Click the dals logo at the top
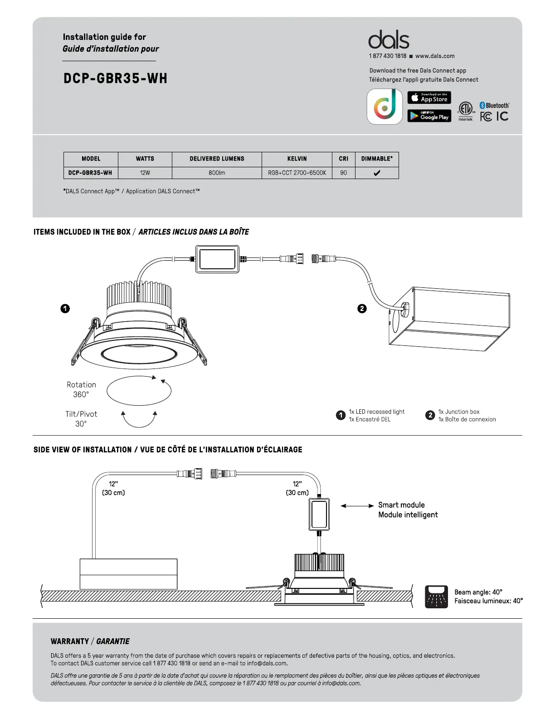(389, 40)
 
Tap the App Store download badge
(429, 98)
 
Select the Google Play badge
(429, 116)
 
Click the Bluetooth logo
(494, 105)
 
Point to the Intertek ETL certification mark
(465, 111)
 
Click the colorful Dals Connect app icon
(385, 107)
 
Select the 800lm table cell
(217, 173)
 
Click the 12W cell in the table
(145, 173)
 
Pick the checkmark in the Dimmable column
(376, 173)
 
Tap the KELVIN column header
(297, 159)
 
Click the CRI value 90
(343, 173)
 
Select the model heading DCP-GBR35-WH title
(115, 78)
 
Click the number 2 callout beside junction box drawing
(362, 309)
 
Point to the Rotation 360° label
(81, 389)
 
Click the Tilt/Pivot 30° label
(81, 418)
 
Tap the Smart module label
(401, 505)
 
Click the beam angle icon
(436, 597)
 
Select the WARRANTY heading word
(70, 641)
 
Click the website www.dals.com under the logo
(435, 56)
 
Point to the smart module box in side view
(319, 514)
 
